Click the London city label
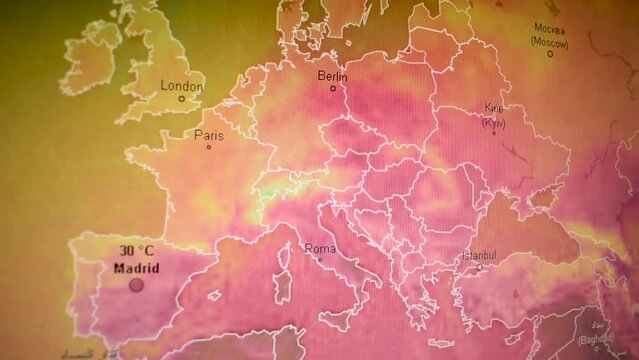click(182, 85)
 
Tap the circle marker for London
click(181, 98)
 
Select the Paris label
click(209, 135)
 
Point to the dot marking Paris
click(208, 148)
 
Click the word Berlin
click(332, 76)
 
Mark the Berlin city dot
click(333, 88)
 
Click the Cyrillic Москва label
click(550, 28)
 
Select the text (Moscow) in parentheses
click(549, 43)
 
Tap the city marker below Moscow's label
click(549, 54)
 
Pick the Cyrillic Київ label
click(493, 108)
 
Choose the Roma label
click(320, 248)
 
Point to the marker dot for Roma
click(320, 260)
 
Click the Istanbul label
click(479, 255)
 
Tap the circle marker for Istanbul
click(479, 267)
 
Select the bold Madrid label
click(135, 268)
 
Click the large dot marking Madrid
click(136, 285)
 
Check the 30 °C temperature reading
click(137, 251)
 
